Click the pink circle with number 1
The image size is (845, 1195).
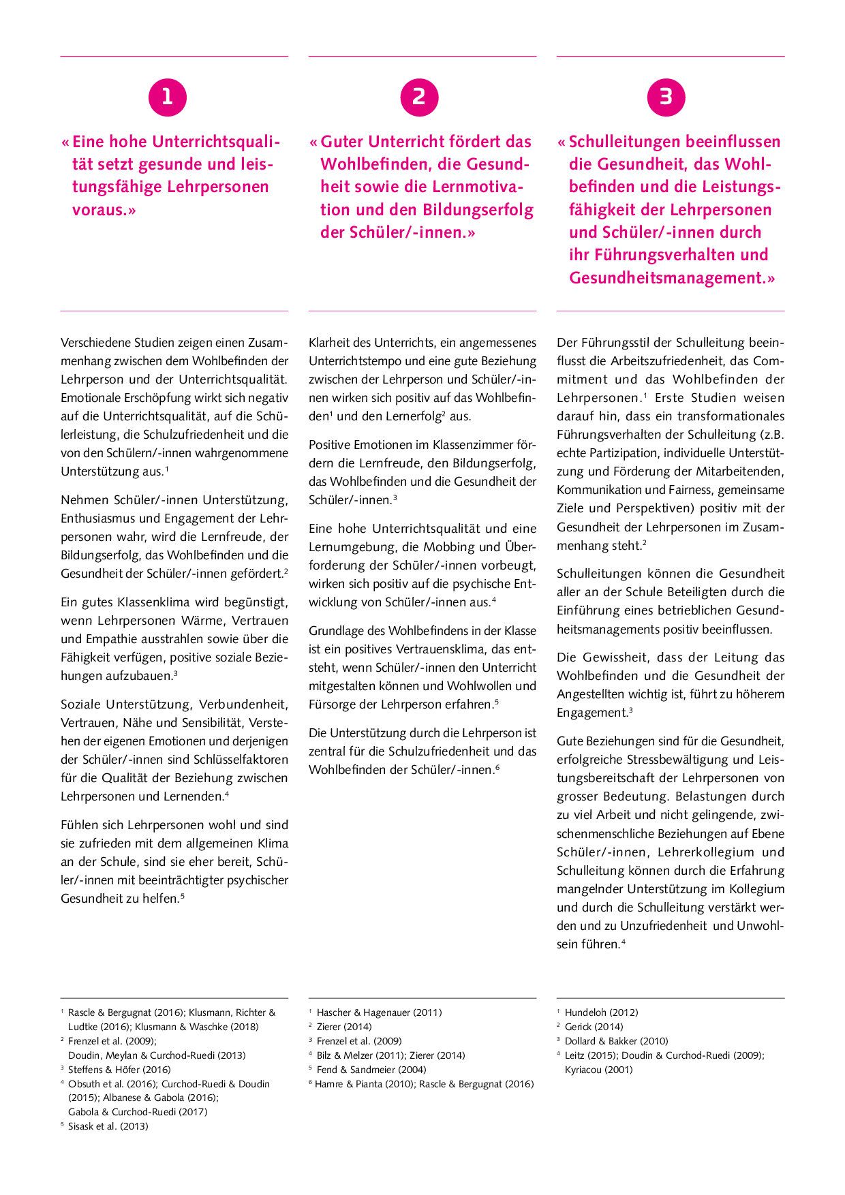click(x=167, y=97)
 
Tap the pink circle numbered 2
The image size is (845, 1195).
click(x=419, y=97)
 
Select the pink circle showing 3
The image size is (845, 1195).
click(x=666, y=97)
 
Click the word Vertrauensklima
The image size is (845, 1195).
click(x=446, y=649)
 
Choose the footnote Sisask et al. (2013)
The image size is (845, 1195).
click(x=108, y=1126)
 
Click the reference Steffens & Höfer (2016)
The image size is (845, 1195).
click(x=119, y=1070)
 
